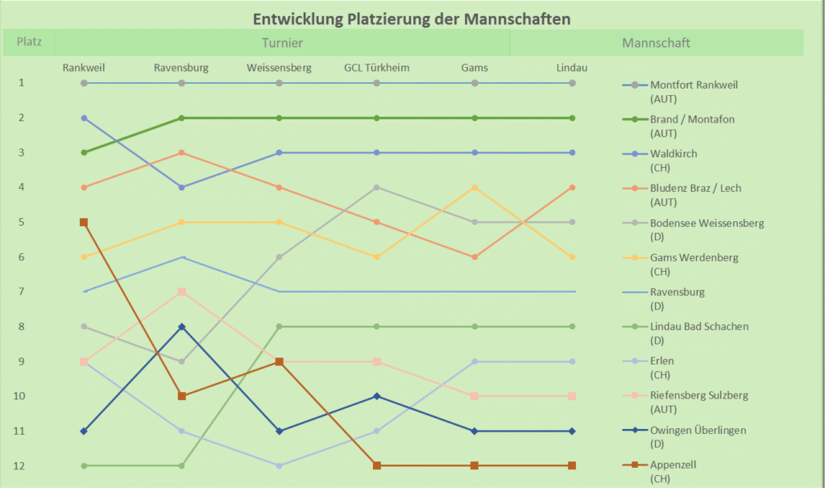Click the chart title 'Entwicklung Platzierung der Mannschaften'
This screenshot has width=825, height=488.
pos(412,18)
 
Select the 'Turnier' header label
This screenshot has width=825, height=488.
pos(282,43)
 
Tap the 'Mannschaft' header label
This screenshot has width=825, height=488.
pos(656,43)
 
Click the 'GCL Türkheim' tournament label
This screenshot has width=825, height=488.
pos(376,68)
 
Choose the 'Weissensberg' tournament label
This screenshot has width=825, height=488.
pos(279,68)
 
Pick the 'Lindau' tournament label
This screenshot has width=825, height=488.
pos(572,68)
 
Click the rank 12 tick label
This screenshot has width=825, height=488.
pos(23,465)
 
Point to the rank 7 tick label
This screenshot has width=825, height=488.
pos(23,291)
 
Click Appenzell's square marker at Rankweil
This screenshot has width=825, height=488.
pos(84,222)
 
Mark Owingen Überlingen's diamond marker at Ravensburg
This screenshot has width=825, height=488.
pos(182,327)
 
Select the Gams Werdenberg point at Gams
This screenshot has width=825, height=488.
pos(475,187)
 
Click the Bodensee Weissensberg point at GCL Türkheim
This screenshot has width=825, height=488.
pos(376,187)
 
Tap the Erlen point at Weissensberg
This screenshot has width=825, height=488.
pos(279,465)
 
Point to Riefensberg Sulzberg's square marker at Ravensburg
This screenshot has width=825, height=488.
pos(182,291)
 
